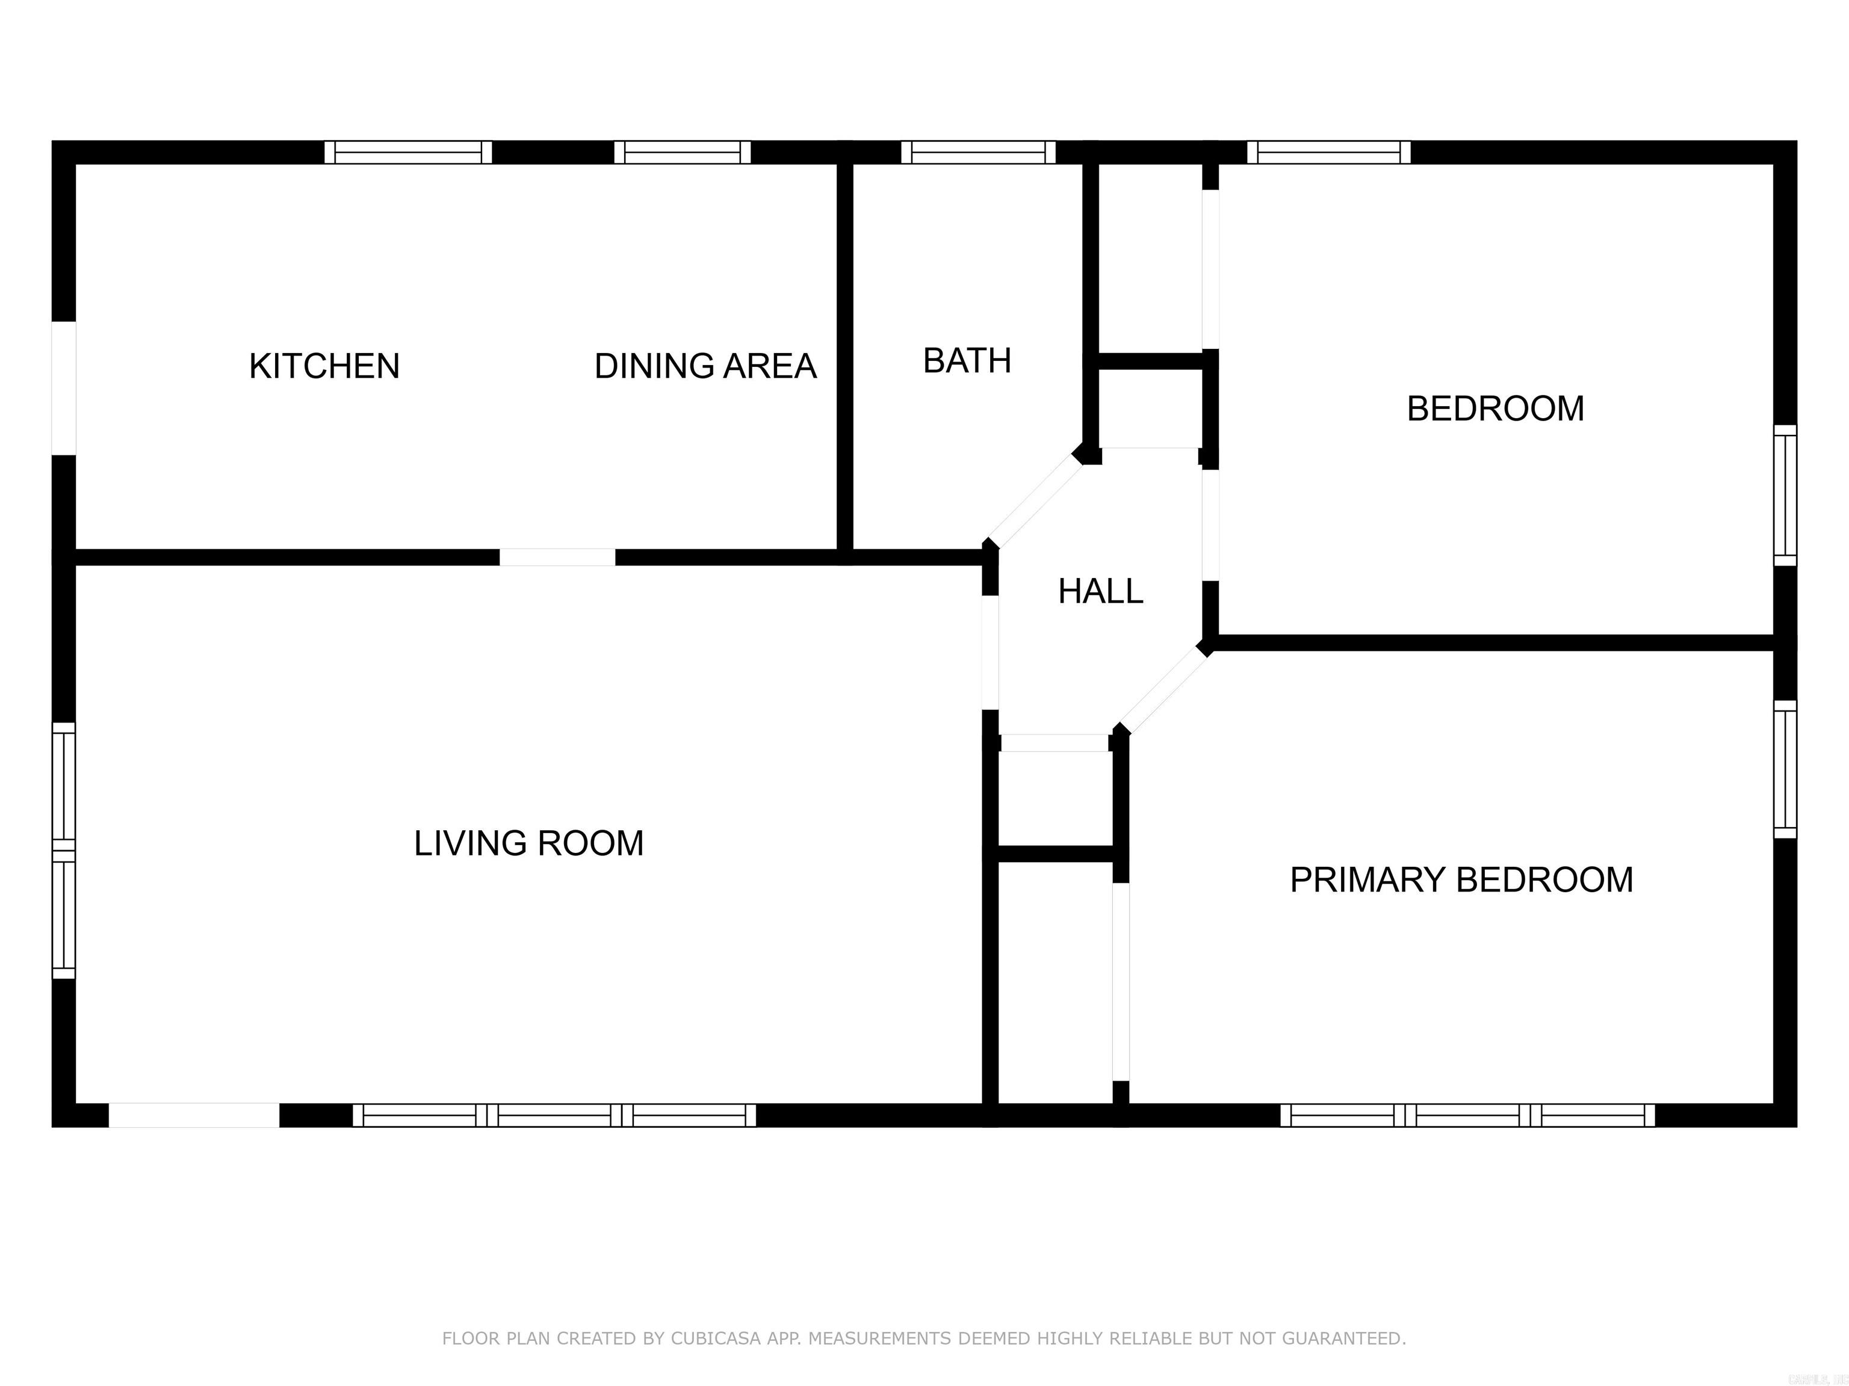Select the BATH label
[x=967, y=361]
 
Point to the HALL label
[x=1100, y=591]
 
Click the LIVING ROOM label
[x=528, y=843]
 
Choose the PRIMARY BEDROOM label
[x=1461, y=879]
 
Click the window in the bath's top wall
[x=978, y=153]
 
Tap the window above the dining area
[x=683, y=153]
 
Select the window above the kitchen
[x=408, y=153]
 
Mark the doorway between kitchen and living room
[x=557, y=557]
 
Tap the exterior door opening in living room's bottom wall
[x=194, y=1115]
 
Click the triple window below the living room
[x=554, y=1115]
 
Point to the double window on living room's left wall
[x=64, y=851]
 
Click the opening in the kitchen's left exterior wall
[x=64, y=389]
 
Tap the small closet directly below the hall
[x=1056, y=798]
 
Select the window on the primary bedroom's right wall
[x=1785, y=769]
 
